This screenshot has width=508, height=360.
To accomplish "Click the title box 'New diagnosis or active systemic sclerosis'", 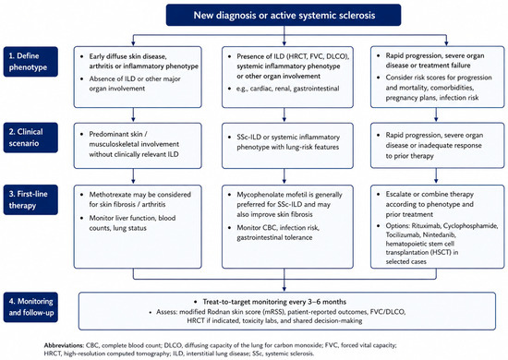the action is [284, 15].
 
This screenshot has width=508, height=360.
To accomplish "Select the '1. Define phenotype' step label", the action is [30, 62].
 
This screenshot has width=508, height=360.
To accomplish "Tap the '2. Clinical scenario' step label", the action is [30, 138].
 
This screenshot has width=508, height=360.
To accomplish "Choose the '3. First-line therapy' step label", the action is [30, 199].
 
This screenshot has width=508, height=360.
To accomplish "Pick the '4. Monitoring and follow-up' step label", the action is [30, 306].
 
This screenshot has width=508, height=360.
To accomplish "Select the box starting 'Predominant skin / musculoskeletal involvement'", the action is [138, 145].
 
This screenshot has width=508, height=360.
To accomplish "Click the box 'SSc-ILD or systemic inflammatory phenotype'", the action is [287, 145].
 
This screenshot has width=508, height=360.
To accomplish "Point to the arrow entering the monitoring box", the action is [284, 280].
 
